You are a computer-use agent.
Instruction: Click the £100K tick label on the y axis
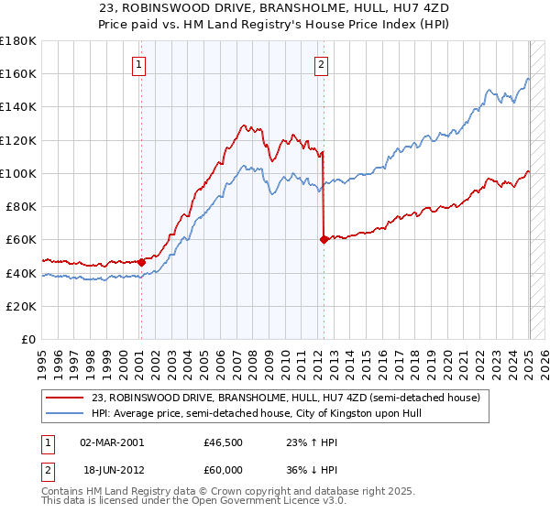18,173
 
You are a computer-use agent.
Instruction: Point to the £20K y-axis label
21,306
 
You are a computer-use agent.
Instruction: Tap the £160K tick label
18,73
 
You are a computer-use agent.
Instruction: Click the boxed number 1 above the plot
138,64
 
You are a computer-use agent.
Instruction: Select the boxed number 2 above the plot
322,64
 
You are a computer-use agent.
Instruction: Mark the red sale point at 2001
142,262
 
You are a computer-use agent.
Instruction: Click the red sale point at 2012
324,240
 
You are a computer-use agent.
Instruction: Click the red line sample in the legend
66,398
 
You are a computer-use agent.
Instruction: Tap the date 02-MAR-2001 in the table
112,442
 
